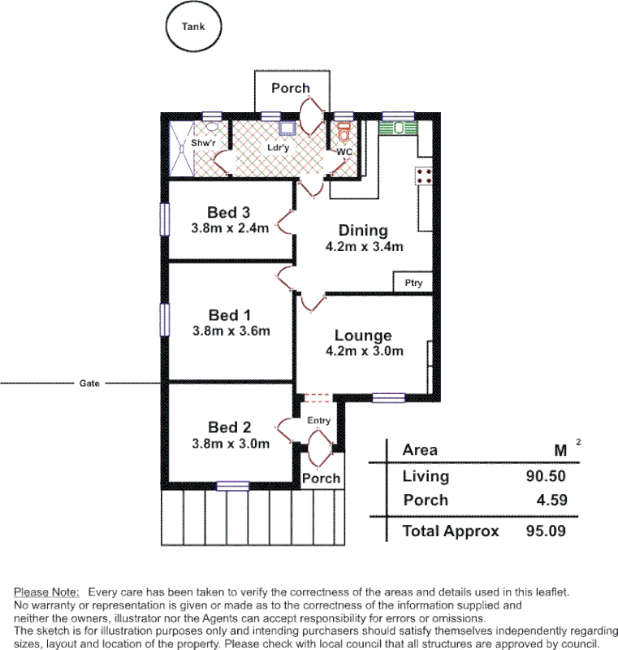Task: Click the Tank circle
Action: point(193,27)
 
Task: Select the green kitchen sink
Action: point(397,127)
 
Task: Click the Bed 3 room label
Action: point(228,213)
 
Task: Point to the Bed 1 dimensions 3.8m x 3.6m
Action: point(231,331)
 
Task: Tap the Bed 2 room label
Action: point(229,427)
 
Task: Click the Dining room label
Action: point(363,231)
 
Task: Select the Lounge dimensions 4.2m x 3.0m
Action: point(363,351)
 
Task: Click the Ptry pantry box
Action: point(413,283)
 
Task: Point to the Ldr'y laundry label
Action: point(279,148)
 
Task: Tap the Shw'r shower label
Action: point(203,144)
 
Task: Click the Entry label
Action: point(318,420)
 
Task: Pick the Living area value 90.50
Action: point(546,476)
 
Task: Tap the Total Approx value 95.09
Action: point(546,531)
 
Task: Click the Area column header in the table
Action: point(420,449)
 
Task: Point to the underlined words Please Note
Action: point(46,591)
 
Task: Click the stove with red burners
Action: point(423,176)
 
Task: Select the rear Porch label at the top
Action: point(290,88)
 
